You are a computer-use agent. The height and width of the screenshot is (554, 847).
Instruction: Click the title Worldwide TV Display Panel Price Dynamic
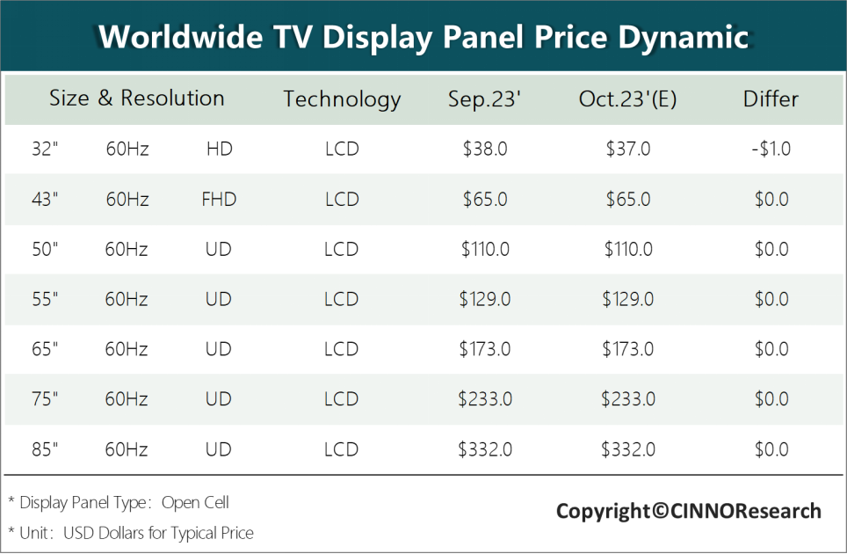[x=423, y=37]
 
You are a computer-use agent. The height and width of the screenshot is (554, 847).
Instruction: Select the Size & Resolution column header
[x=137, y=98]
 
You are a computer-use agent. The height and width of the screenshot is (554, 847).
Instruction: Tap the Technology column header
[x=342, y=99]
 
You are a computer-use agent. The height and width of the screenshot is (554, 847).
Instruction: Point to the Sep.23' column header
[x=485, y=99]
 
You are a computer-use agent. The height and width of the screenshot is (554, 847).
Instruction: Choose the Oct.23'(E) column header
[x=627, y=99]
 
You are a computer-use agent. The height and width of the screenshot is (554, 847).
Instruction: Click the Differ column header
[x=771, y=99]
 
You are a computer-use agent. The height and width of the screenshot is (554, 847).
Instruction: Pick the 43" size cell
[x=44, y=200]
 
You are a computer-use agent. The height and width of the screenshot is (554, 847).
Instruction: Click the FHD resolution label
[x=219, y=200]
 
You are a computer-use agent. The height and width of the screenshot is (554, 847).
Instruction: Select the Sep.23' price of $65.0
[x=485, y=200]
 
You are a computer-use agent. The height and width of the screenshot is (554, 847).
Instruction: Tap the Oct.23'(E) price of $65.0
[x=628, y=200]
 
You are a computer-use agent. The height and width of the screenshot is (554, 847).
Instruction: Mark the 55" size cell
[x=44, y=299]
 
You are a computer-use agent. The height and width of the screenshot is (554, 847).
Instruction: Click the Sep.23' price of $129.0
[x=485, y=299]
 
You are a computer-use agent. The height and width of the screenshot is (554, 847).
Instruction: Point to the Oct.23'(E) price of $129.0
[x=628, y=299]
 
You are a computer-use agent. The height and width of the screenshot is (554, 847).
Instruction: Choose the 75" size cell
[x=44, y=399]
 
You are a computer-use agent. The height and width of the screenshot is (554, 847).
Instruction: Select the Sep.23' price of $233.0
[x=485, y=399]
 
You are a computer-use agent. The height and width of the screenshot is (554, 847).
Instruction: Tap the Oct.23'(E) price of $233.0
[x=628, y=399]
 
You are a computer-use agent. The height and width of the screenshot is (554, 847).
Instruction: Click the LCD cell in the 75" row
[x=342, y=399]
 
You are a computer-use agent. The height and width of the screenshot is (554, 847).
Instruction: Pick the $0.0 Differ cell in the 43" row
[x=771, y=200]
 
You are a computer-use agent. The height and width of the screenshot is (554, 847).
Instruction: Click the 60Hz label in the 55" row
[x=127, y=299]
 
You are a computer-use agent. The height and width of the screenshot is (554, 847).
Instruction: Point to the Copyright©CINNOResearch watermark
[x=689, y=511]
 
